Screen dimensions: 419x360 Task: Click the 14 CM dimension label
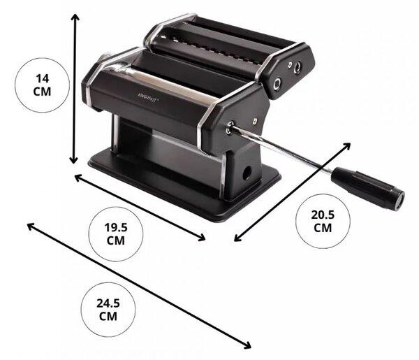click(x=42, y=85)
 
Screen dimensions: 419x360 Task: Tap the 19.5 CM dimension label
click(x=116, y=234)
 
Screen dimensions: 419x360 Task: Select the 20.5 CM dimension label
click(x=323, y=221)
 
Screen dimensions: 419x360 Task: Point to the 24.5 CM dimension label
click(x=108, y=310)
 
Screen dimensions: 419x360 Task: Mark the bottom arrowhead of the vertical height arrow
click(x=74, y=160)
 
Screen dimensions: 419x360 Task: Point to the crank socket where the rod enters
click(x=230, y=127)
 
